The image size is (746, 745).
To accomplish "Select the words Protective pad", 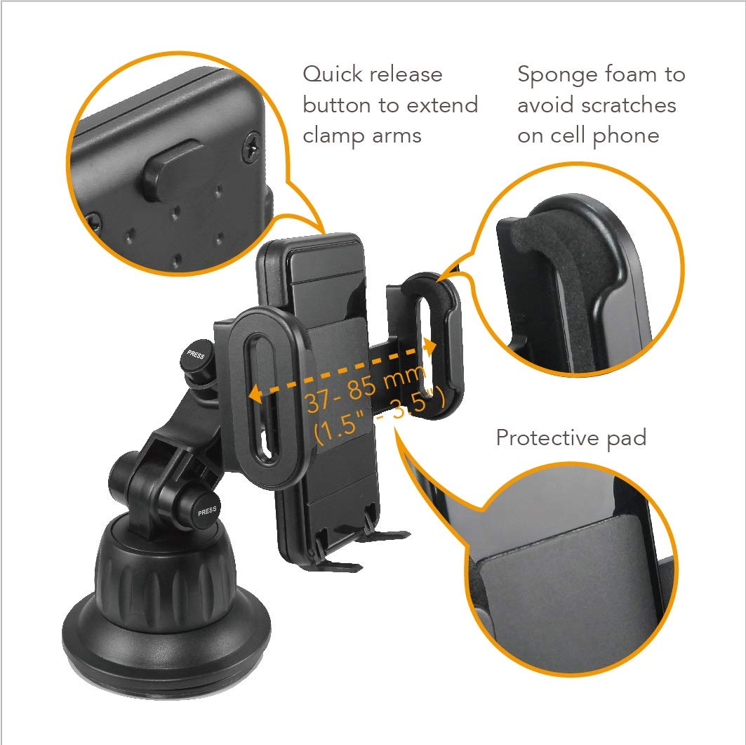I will coord(571,438).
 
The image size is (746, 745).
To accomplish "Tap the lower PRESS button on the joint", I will coord(206,511).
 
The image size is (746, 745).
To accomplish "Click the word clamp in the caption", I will coord(333,136).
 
